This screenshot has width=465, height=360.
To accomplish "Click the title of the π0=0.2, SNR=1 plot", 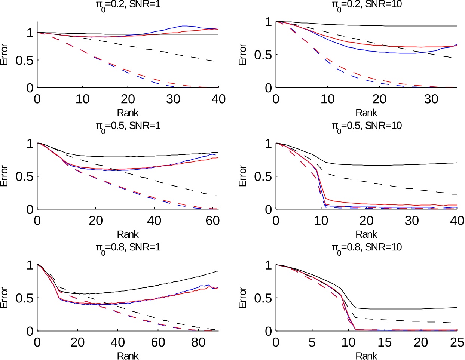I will [128, 5].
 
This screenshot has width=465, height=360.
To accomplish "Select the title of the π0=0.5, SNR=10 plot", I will [366, 126].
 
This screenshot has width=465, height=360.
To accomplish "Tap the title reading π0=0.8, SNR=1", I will [128, 247].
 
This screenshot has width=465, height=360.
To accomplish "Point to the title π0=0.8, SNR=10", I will [366, 247].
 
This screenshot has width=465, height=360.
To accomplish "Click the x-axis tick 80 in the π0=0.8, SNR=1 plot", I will [198, 342].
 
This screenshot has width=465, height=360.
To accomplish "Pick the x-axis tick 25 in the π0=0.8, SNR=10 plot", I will [457, 342].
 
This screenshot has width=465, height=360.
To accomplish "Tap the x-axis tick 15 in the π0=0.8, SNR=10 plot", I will [385, 342].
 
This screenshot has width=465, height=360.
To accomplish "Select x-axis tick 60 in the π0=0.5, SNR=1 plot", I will [212, 221].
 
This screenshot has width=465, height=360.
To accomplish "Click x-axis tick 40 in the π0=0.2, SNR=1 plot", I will [218, 99].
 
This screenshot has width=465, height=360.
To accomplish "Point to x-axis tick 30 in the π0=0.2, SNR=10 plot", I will [431, 99].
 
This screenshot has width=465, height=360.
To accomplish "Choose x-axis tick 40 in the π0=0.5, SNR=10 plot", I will [457, 221].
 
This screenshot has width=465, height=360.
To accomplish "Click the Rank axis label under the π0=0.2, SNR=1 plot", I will [128, 113].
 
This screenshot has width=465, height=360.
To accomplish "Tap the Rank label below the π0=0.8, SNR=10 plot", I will [366, 356].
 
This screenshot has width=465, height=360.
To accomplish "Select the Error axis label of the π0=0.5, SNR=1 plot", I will [4, 176].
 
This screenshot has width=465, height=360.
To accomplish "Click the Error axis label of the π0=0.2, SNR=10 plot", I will [243, 55].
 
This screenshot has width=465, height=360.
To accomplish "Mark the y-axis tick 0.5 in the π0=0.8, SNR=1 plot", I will [24, 298].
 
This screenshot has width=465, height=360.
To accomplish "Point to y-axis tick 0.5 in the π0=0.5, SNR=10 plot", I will [263, 176].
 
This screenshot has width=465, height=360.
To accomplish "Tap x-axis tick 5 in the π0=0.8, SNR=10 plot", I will [312, 342].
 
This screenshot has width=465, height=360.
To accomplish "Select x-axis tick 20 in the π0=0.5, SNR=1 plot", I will [95, 221].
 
